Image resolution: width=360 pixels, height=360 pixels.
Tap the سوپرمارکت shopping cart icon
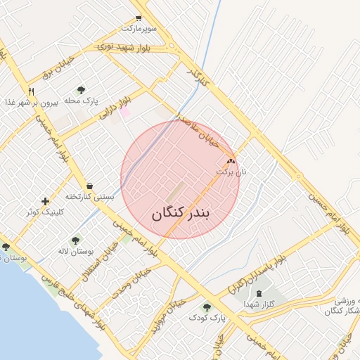[x=138, y=18]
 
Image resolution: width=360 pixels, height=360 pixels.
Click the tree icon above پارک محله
[x=81, y=90]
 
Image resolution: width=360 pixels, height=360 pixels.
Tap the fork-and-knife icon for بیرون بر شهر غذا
[x=31, y=91]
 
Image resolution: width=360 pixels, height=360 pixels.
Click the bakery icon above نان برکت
[x=231, y=161]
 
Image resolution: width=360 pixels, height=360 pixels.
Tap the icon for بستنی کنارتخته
[x=89, y=185]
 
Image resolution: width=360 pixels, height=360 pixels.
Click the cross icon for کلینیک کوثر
[x=46, y=201]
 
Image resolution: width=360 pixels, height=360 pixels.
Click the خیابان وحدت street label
[x=129, y=286]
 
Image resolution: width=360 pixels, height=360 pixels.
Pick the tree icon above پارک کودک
[x=207, y=307]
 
